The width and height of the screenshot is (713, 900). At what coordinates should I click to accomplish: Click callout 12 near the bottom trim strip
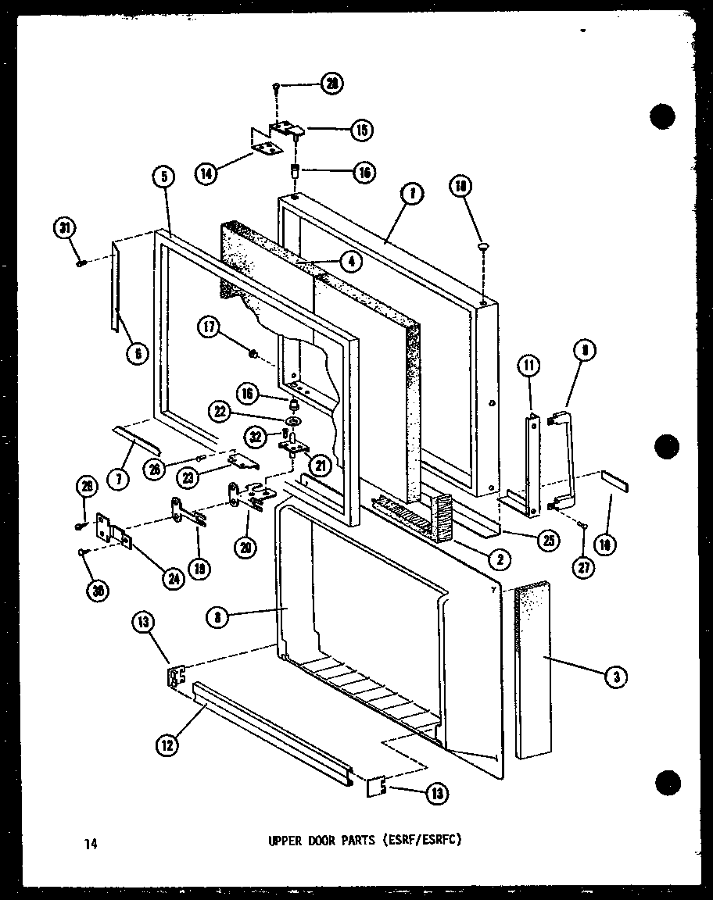(x=167, y=745)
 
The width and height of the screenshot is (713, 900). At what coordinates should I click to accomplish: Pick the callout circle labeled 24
(x=169, y=580)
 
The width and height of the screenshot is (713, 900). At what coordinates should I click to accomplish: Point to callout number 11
(x=529, y=365)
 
